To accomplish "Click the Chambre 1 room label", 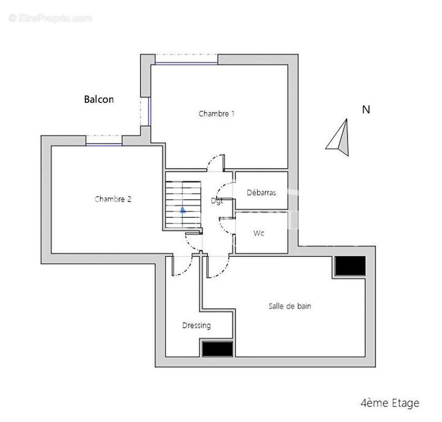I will tap(216, 113).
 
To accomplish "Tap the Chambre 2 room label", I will tap(113, 199).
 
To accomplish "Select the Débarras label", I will tap(261, 193).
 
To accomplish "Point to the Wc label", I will tap(258, 233).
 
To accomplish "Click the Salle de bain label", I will tap(290, 306).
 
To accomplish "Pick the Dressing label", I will tap(196, 325).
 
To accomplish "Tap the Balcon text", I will tap(99, 99).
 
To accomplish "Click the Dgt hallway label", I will tap(217, 201).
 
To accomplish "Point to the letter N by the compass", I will tap(366, 110).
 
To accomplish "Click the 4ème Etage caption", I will tap(390, 404).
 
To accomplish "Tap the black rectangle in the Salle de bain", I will tap(350, 266).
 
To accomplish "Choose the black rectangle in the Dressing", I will tap(217, 349).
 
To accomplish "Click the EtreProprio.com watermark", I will tap(51, 18).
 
